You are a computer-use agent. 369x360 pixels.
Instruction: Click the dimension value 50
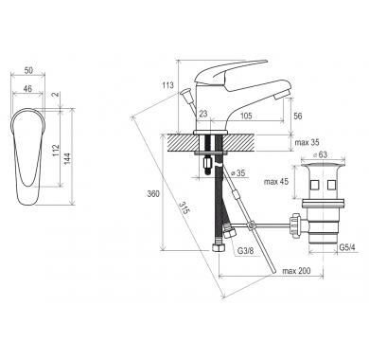click(x=28, y=70)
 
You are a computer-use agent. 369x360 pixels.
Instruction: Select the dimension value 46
click(x=27, y=89)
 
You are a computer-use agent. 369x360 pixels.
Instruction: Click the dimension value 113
click(x=167, y=85)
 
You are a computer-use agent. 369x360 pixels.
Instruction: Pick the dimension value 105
click(x=246, y=116)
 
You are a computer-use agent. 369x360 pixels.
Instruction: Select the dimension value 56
click(x=297, y=116)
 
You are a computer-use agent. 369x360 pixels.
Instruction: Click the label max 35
click(x=307, y=142)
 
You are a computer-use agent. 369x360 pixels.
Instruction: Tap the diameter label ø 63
click(x=320, y=155)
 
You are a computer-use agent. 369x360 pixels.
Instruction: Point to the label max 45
click(x=276, y=182)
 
